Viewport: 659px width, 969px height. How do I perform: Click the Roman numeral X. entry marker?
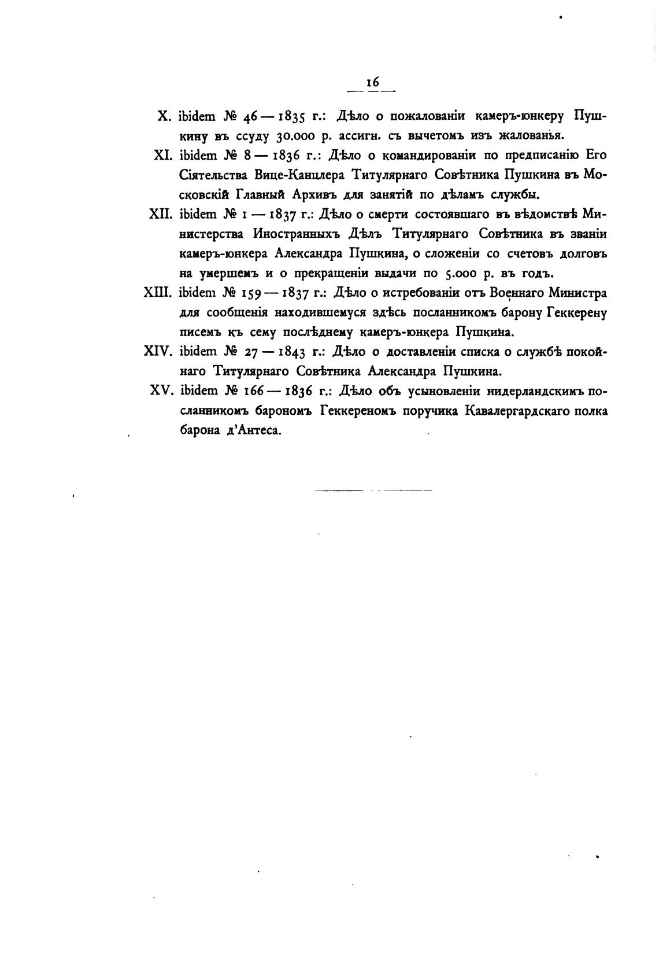click(x=162, y=116)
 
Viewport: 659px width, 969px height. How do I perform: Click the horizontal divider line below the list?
click(x=373, y=491)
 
